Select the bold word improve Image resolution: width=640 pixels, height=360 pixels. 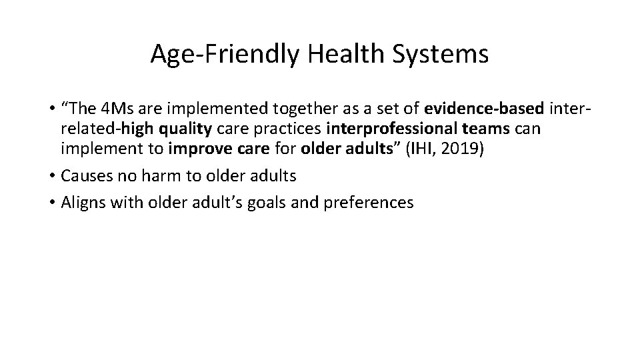pos(194,148)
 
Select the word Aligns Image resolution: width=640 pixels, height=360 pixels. pos(82,203)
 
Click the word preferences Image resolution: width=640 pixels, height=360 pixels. pos(368,203)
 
